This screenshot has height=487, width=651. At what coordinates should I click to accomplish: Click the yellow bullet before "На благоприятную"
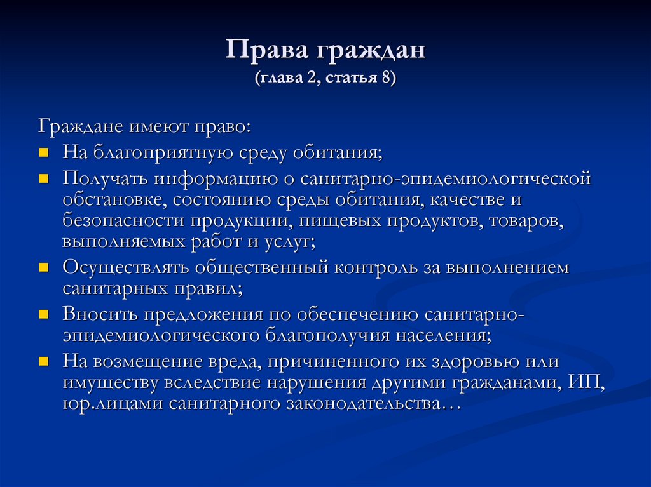click(x=44, y=153)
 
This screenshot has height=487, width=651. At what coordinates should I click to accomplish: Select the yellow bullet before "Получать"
click(x=44, y=180)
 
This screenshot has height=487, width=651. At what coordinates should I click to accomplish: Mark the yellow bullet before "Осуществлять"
click(x=44, y=269)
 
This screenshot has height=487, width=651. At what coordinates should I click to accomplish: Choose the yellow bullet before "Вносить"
click(x=44, y=314)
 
